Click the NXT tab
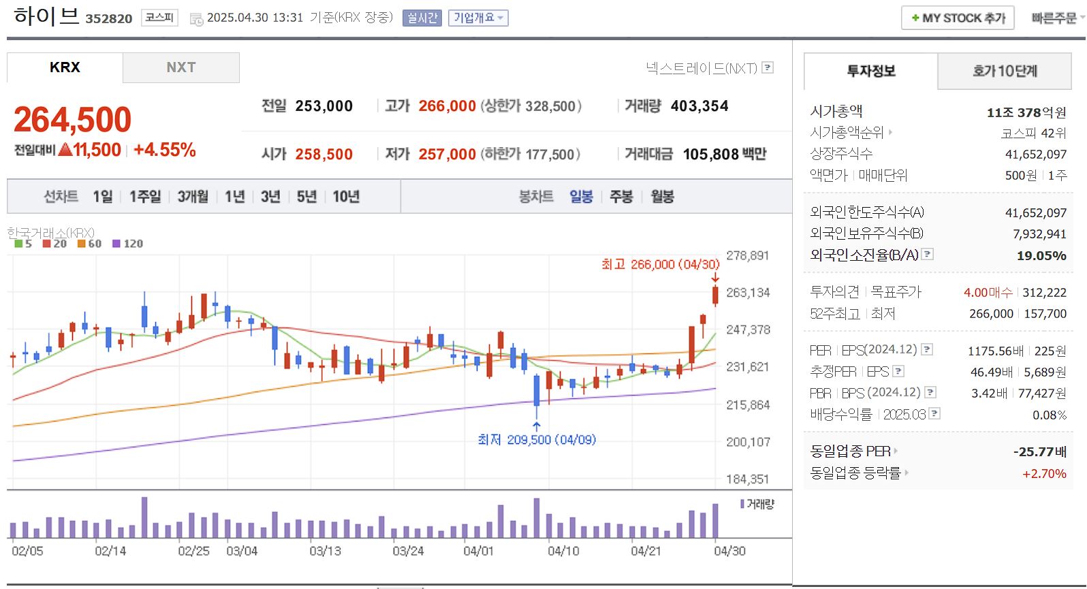180,67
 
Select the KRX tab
65,67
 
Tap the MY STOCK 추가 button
958,18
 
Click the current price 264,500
73,120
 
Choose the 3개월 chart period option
193,197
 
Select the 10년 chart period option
346,197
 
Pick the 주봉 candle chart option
621,197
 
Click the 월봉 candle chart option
662,197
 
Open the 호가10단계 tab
1005,71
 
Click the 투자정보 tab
870,71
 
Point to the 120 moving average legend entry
128,244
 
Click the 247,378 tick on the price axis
748,330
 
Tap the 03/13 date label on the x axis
326,551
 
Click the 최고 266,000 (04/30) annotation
660,264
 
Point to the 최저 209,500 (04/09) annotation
537,440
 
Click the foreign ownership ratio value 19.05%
1041,255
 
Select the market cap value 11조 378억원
1026,112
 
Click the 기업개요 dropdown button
478,18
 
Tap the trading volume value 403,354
699,106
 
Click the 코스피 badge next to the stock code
159,18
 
